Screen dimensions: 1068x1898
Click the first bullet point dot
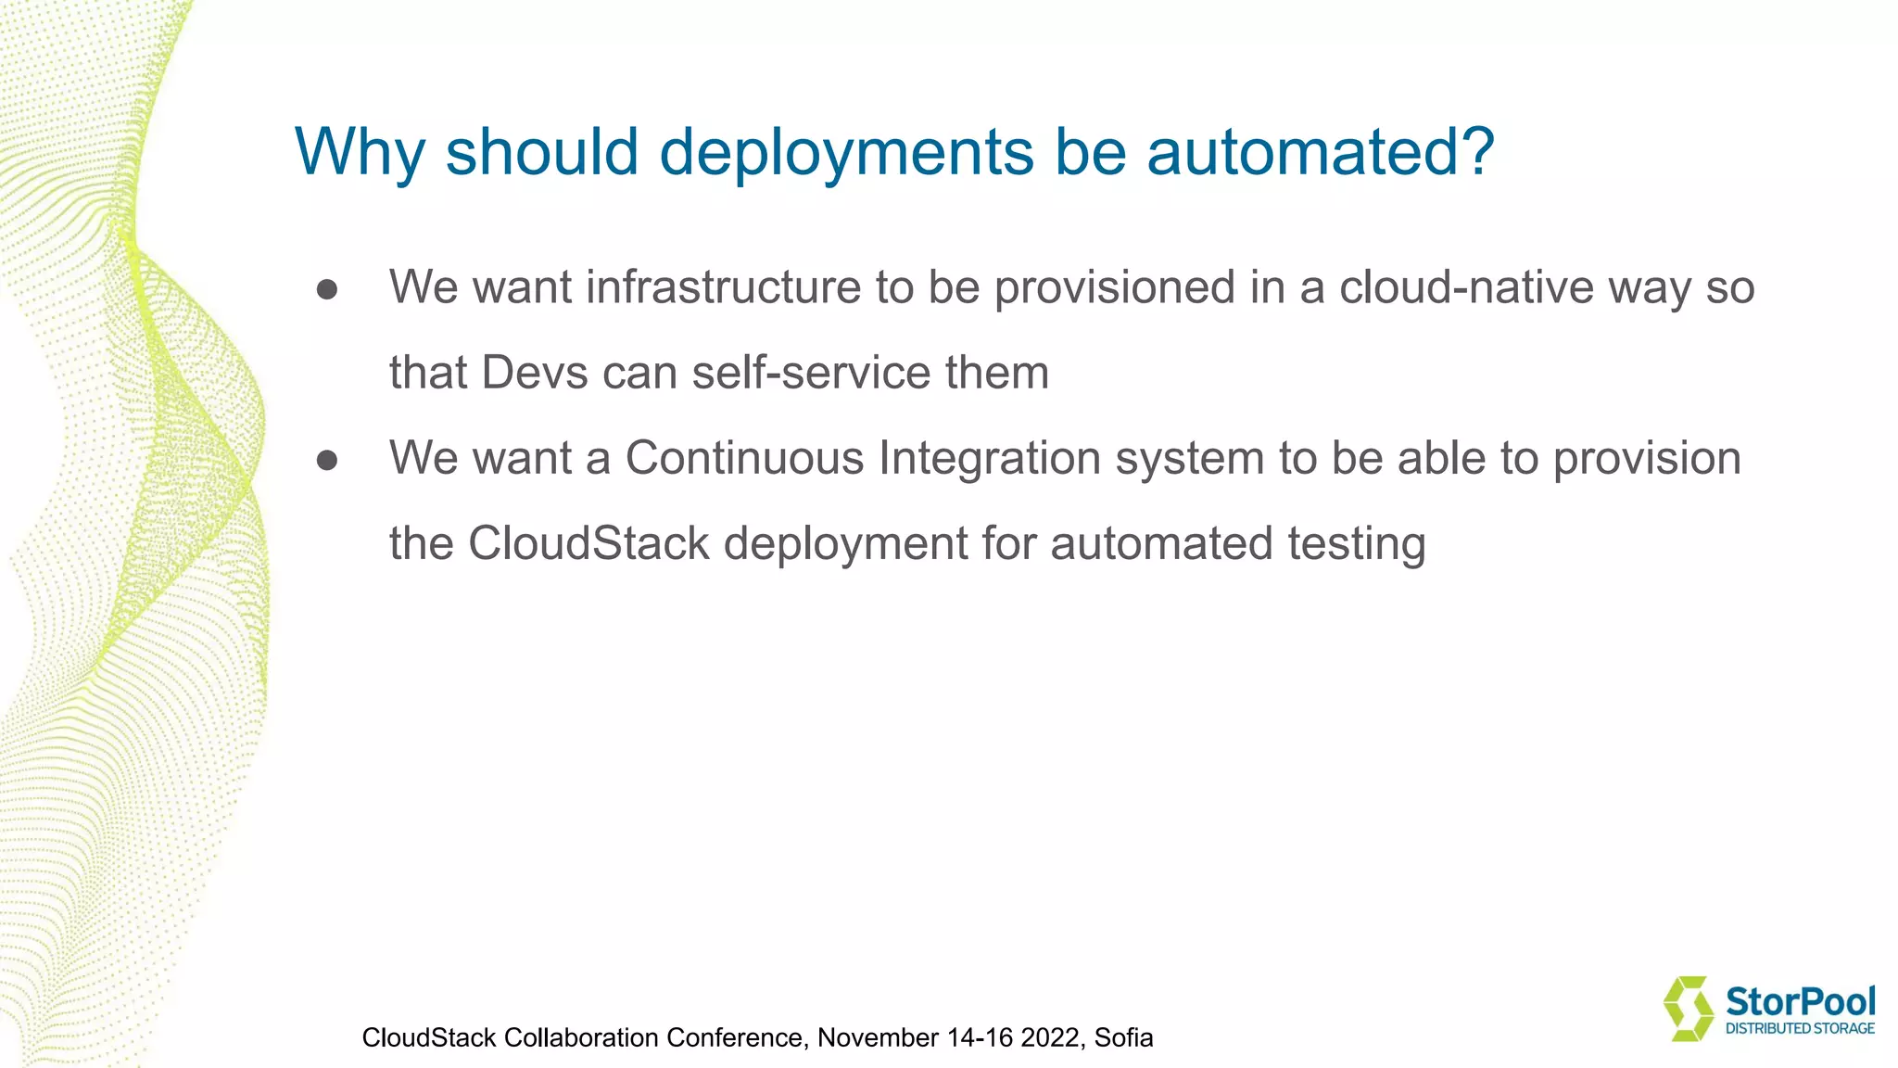tap(326, 289)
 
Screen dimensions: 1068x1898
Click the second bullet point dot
tap(326, 460)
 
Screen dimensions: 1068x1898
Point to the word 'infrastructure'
tap(723, 287)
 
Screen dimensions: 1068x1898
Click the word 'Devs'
tap(535, 373)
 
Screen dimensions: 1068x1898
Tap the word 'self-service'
tap(811, 373)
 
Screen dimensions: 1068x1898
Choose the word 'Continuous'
tap(744, 458)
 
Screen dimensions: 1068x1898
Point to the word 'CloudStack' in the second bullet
tap(588, 543)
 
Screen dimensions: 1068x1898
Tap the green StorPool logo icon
tap(1688, 1008)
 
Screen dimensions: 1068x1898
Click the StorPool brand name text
tap(1800, 1001)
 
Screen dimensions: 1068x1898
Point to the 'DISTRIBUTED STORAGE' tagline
tap(1800, 1028)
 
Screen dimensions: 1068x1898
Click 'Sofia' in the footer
tap(1123, 1037)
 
